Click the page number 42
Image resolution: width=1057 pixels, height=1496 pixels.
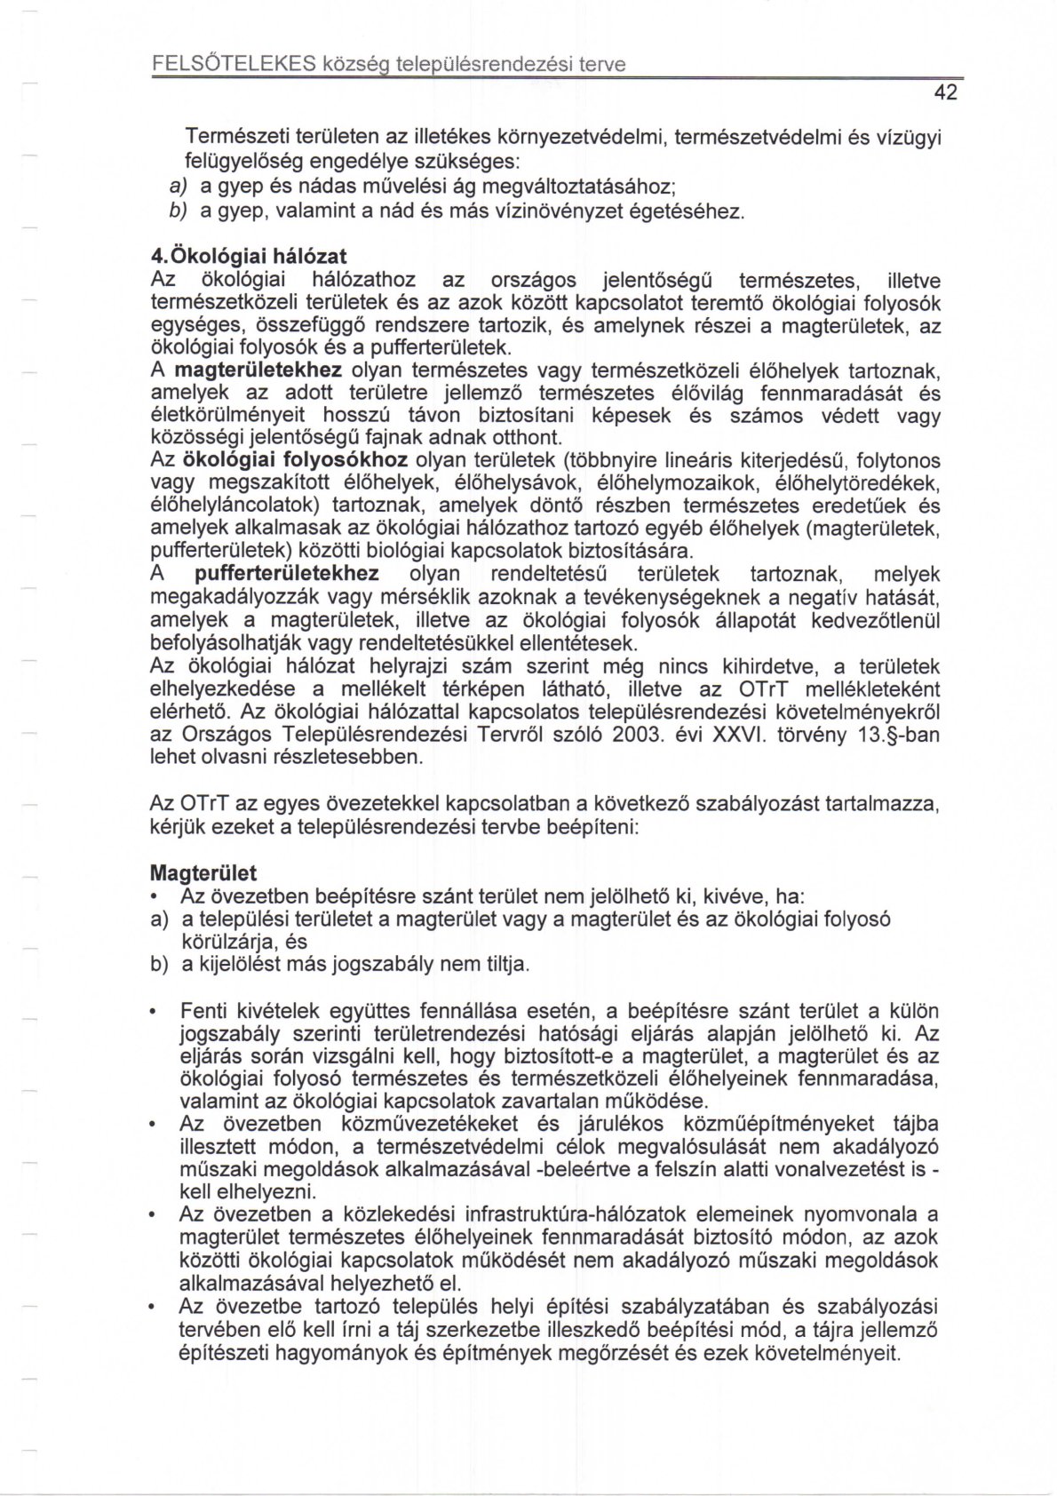pyautogui.click(x=945, y=92)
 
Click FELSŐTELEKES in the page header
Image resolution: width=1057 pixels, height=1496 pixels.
pyautogui.click(x=234, y=64)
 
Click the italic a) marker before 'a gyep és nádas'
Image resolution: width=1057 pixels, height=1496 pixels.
pyautogui.click(x=178, y=187)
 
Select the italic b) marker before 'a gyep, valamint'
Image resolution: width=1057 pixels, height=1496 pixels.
pyautogui.click(x=178, y=211)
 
